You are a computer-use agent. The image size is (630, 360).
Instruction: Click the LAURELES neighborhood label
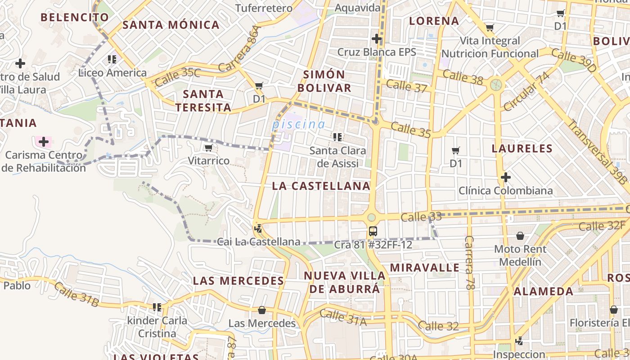pos(522,148)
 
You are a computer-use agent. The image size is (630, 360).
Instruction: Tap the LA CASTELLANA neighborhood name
pos(321,186)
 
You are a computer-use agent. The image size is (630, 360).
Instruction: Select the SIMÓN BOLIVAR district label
pos(324,81)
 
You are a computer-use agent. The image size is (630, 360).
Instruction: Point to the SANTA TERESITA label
pos(203,100)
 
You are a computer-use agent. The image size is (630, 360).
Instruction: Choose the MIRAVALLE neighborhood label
pos(425,268)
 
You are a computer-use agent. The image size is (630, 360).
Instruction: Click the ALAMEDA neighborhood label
pos(544,291)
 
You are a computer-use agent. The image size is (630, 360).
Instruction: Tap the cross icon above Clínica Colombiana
pos(506,177)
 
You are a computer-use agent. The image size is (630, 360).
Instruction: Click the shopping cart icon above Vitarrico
pos(208,148)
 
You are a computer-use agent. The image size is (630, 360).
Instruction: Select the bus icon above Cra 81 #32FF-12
pos(373,231)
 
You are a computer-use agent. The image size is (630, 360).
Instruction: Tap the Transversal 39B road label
pos(597,152)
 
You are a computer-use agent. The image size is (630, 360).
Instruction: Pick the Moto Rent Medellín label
pos(520,255)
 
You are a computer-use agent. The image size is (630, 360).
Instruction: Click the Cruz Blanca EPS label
pos(377,52)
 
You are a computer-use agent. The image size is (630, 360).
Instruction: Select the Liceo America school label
pos(112,73)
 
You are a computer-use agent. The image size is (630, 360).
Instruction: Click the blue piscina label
pos(298,124)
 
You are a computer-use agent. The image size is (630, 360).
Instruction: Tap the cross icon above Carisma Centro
pos(44,142)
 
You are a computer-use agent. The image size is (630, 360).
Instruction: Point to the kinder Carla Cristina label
pos(157,327)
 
